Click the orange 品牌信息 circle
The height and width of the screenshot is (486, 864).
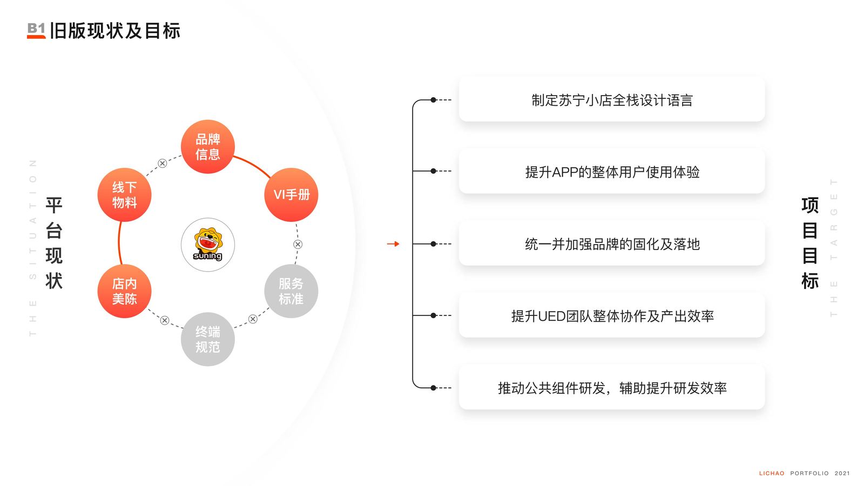point(208,146)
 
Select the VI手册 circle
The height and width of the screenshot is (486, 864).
point(291,195)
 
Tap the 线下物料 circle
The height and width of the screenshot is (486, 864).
point(125,195)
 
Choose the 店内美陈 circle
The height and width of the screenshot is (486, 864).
point(125,291)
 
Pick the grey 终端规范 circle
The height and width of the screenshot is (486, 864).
point(208,340)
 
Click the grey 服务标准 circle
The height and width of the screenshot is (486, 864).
point(291,291)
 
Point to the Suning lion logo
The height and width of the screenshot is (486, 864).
point(208,244)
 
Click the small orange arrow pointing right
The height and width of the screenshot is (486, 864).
point(393,244)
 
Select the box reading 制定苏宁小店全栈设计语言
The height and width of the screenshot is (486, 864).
point(612,99)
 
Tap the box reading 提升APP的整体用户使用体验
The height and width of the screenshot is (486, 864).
point(612,171)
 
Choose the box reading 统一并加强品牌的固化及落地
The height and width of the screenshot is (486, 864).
point(612,244)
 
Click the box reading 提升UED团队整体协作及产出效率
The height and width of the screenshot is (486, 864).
point(612,315)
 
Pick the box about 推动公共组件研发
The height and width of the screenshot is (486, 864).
point(612,388)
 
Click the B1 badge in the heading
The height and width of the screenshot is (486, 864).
point(37,30)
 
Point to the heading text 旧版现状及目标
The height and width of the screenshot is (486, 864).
point(115,31)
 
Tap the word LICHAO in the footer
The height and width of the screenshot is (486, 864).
point(772,473)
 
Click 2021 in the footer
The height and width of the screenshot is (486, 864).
point(842,473)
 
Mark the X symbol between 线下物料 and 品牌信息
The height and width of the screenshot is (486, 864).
point(163,163)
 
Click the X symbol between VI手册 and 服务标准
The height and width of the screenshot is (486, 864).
point(298,244)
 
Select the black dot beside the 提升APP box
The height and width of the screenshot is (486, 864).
point(433,171)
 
